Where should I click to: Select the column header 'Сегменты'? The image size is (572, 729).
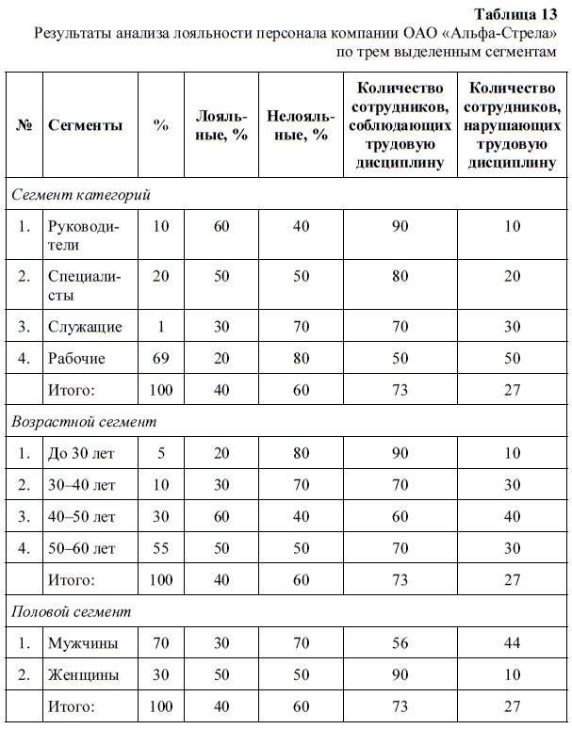(x=85, y=126)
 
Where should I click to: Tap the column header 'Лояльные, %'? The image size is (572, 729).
(x=221, y=126)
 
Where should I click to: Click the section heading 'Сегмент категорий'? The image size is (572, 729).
(x=81, y=195)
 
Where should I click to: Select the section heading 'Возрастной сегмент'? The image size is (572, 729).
(x=84, y=422)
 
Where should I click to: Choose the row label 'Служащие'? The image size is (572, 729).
(x=85, y=327)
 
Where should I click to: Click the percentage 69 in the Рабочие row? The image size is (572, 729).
(x=161, y=358)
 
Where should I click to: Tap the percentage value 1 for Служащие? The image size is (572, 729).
(x=161, y=327)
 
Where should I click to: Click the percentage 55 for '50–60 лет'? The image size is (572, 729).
(x=161, y=548)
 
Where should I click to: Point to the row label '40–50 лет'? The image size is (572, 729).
(x=81, y=516)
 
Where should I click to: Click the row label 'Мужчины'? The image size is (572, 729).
(x=83, y=644)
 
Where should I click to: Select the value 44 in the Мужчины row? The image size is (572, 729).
(x=512, y=644)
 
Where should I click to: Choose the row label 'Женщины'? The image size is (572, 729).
(x=84, y=675)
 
